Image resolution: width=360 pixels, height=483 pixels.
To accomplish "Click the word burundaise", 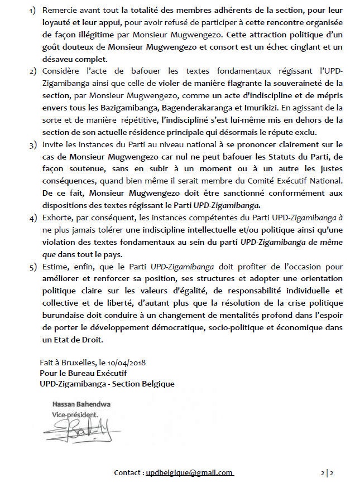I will [61, 319].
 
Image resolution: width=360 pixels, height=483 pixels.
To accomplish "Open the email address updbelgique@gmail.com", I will [189, 472].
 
